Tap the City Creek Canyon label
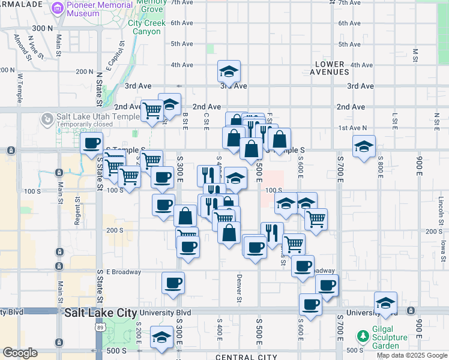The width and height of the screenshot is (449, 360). pyautogui.click(x=144, y=27)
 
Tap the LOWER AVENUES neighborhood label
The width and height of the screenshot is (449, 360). pyautogui.click(x=330, y=68)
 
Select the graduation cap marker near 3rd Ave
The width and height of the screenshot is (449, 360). pyautogui.click(x=229, y=72)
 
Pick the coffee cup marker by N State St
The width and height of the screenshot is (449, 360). pyautogui.click(x=92, y=143)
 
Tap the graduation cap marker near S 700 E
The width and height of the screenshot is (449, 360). pyautogui.click(x=364, y=146)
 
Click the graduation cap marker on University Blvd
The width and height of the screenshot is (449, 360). pyautogui.click(x=385, y=303)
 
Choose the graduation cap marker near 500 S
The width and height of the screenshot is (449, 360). pyautogui.click(x=161, y=337)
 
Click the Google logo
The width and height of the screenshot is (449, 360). pyautogui.click(x=20, y=353)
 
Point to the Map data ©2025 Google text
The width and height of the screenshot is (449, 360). pyautogui.click(x=411, y=355)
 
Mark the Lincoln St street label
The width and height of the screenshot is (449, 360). pyautogui.click(x=440, y=208)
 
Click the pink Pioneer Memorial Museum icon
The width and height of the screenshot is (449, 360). pyautogui.click(x=58, y=8)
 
